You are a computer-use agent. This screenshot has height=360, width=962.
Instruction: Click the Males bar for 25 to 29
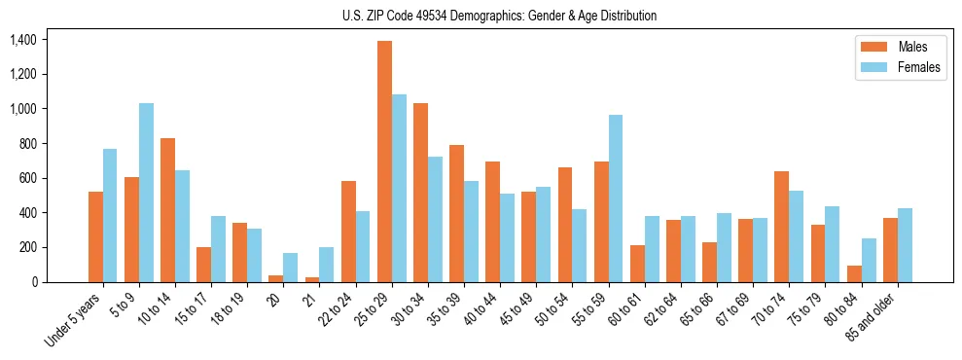point(384,162)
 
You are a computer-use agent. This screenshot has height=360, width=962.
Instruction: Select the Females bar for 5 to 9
point(146,193)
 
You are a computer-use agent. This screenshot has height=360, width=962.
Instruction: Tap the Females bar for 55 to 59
point(616,198)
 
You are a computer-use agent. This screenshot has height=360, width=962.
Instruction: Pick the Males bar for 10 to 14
point(167,210)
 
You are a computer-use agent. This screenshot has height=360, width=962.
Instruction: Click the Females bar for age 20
point(290,268)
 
